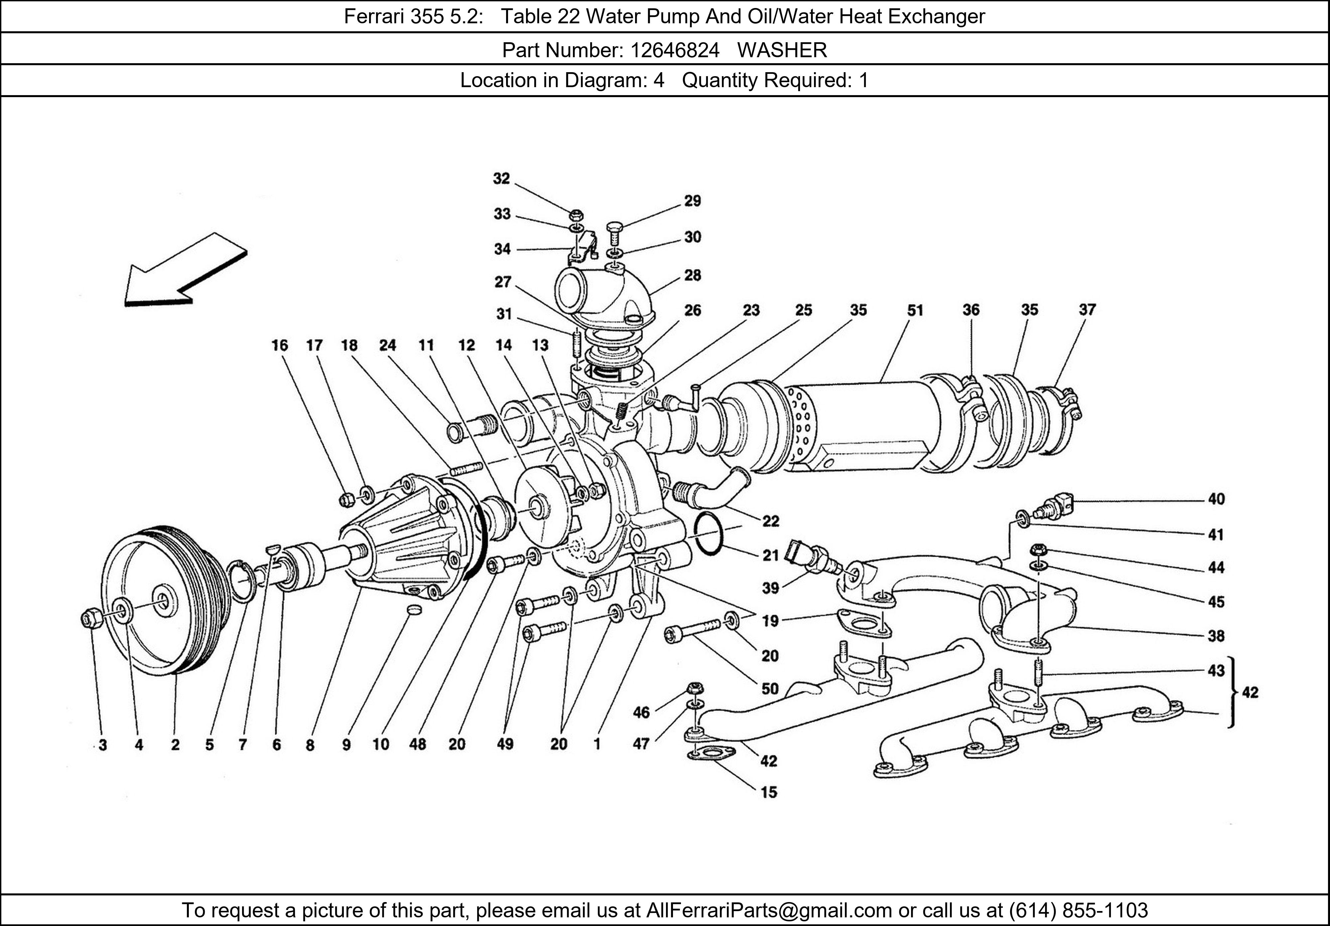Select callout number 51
click(x=915, y=311)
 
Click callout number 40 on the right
click(x=1216, y=499)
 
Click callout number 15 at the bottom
click(x=769, y=792)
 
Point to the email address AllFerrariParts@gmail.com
click(x=769, y=910)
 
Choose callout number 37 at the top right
click(x=1087, y=310)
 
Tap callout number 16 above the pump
click(x=279, y=345)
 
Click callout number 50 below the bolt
click(x=769, y=689)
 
